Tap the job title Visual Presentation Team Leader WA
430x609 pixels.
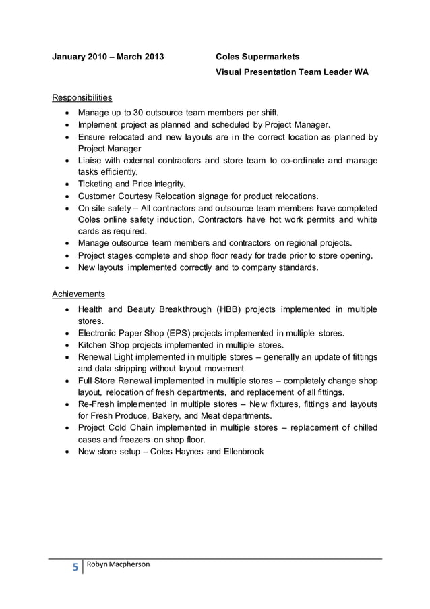tap(292, 72)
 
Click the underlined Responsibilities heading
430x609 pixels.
tap(82, 97)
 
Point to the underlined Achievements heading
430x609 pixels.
tap(78, 294)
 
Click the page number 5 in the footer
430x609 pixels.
tap(73, 567)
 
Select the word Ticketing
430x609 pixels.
tap(98, 184)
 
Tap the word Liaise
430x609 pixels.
tap(91, 160)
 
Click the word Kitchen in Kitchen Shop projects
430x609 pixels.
tap(94, 344)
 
